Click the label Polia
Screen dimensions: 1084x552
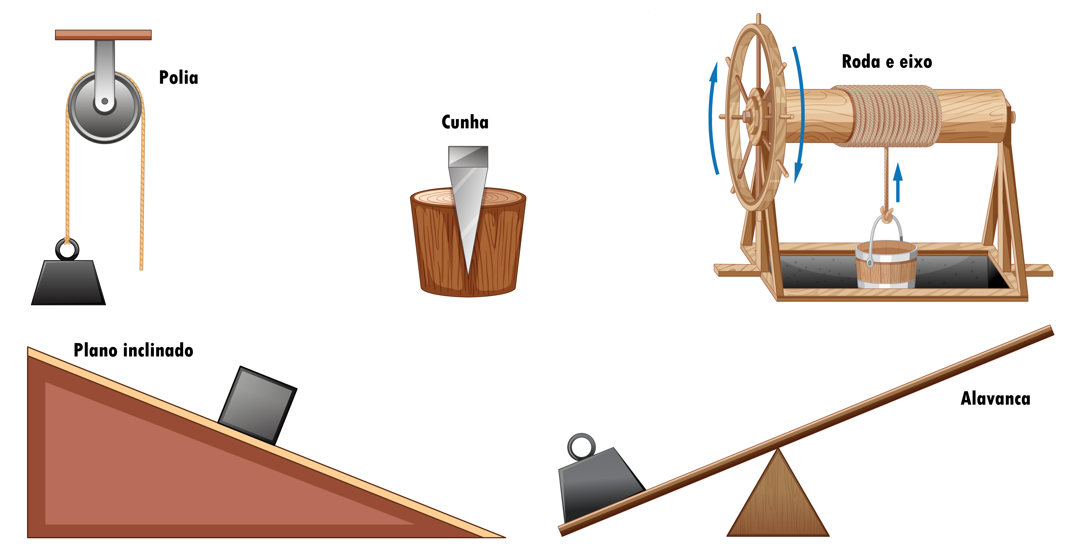point(178,77)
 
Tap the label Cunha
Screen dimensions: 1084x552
point(465,122)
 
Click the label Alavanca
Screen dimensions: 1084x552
point(996,398)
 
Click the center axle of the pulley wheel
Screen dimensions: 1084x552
point(105,101)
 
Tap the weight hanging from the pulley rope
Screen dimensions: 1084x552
point(68,282)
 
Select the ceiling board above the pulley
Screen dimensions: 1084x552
point(103,35)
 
